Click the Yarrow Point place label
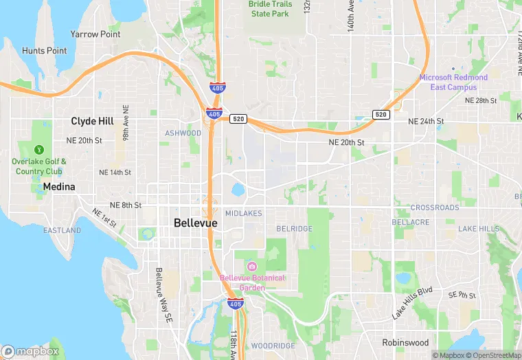[x=95, y=34]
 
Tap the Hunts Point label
[x=44, y=51]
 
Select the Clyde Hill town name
[x=92, y=121]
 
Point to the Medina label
[x=59, y=186]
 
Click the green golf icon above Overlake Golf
[x=39, y=149]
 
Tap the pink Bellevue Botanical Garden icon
[x=251, y=267]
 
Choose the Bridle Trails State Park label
[x=270, y=9]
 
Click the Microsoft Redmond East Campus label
[x=453, y=82]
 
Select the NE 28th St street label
[x=481, y=100]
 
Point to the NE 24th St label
[x=426, y=121]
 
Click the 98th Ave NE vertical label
[x=126, y=123]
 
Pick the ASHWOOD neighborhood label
[x=183, y=133]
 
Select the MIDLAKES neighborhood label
[x=243, y=214]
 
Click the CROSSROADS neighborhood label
[x=435, y=207]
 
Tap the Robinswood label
[x=405, y=342]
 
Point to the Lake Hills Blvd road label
[x=412, y=303]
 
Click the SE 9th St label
[x=462, y=295]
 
